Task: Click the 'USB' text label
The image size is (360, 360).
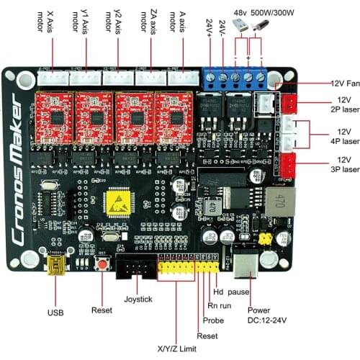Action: click(55, 313)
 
